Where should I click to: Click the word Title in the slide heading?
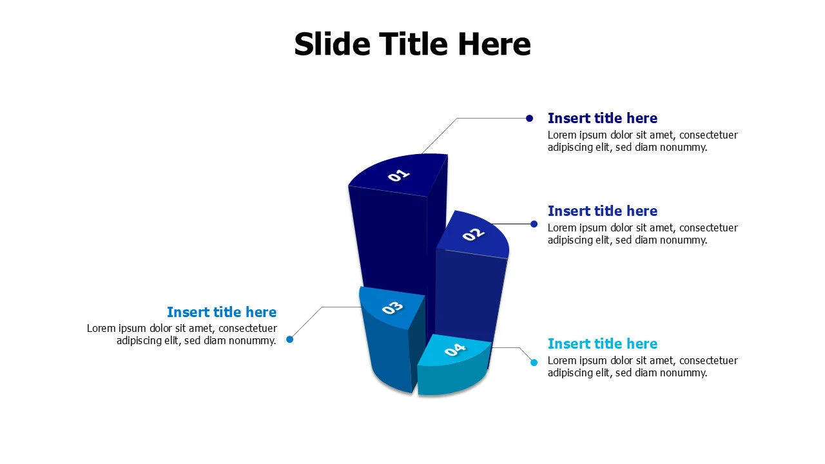[x=412, y=44]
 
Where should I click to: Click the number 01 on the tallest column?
[x=399, y=175]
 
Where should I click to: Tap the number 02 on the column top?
[x=473, y=235]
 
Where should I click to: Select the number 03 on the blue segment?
[x=392, y=308]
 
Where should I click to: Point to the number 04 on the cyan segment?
[x=455, y=350]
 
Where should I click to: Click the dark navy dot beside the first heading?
[x=529, y=118]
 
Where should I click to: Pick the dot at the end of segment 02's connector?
[x=534, y=224]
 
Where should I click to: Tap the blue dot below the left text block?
[x=290, y=339]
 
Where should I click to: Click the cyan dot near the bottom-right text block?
[x=534, y=363]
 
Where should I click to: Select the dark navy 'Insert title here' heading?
[x=602, y=119]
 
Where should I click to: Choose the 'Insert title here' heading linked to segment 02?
[x=602, y=211]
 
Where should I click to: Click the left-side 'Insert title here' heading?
[x=222, y=313]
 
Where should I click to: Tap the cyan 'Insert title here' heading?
[x=602, y=344]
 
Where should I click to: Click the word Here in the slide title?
[x=494, y=44]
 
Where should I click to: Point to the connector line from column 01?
[x=445, y=131]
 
